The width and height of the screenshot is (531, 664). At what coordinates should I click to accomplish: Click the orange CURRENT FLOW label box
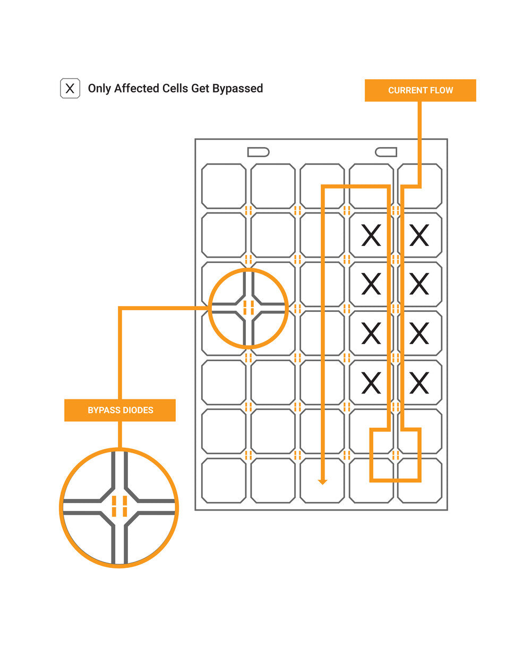click(420, 90)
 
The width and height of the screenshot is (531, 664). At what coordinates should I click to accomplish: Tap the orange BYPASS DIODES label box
click(119, 410)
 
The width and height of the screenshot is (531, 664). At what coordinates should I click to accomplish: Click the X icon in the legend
click(70, 88)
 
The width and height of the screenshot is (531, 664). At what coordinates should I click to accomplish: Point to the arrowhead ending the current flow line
click(322, 482)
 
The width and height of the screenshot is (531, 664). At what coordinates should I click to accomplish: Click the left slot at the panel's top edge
click(258, 152)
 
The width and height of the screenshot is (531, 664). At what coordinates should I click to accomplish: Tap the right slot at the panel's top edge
click(386, 152)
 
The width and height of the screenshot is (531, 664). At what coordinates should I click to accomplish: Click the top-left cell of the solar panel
click(224, 186)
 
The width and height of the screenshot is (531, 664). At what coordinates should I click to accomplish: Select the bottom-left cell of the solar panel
click(224, 481)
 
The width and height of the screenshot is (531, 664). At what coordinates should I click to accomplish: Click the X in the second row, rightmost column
click(419, 235)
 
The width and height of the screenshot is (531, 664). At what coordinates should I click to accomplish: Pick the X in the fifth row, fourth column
click(371, 383)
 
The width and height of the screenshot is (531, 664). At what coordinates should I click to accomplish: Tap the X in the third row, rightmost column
click(419, 284)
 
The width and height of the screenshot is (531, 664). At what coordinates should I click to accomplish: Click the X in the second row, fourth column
click(371, 235)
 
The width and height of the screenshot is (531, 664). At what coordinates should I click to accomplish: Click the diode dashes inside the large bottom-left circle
click(119, 506)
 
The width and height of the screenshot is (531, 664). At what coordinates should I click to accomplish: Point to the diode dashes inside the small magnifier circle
click(249, 308)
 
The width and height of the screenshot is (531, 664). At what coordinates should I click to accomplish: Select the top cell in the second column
click(273, 186)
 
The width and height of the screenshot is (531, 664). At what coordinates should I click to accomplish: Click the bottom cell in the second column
click(273, 481)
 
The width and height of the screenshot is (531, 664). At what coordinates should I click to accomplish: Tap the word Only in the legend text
click(99, 89)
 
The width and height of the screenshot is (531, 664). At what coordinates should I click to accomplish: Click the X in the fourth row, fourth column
click(371, 333)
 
